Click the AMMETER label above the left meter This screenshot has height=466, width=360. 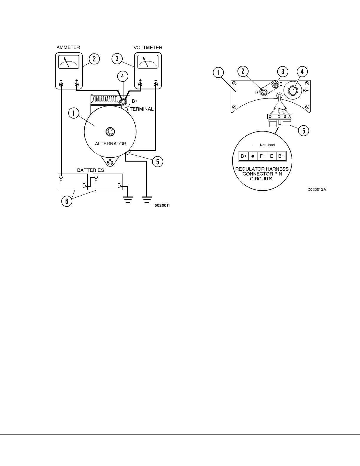(68, 47)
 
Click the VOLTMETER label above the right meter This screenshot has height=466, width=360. (148, 47)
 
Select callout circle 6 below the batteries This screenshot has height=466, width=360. (67, 202)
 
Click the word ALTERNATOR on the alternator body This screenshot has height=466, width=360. (111, 144)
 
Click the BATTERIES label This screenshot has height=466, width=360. (91, 170)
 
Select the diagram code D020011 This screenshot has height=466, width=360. (162, 206)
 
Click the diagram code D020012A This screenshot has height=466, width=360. (317, 189)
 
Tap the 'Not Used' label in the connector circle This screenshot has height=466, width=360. (267, 145)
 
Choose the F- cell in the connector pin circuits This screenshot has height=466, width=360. (262, 156)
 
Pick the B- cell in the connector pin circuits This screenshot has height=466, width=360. (281, 156)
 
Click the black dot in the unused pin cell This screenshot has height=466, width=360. (253, 156)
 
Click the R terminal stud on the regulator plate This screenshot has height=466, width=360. (264, 92)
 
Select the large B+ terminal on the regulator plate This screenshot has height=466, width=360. (293, 90)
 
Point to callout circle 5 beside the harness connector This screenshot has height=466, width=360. (304, 130)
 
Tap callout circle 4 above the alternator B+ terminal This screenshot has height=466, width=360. (123, 76)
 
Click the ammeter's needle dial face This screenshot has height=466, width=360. (69, 62)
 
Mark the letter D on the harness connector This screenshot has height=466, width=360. (270, 116)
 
